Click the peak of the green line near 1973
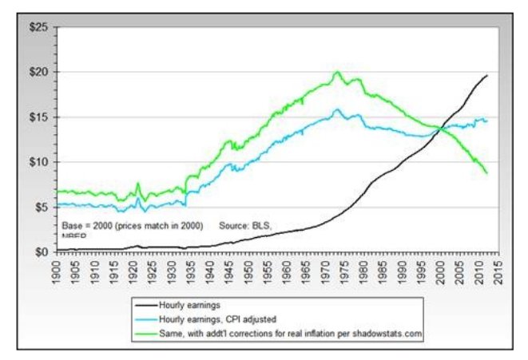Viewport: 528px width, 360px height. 337,72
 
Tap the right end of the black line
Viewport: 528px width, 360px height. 487,76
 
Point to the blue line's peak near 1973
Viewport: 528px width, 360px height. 337,109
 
